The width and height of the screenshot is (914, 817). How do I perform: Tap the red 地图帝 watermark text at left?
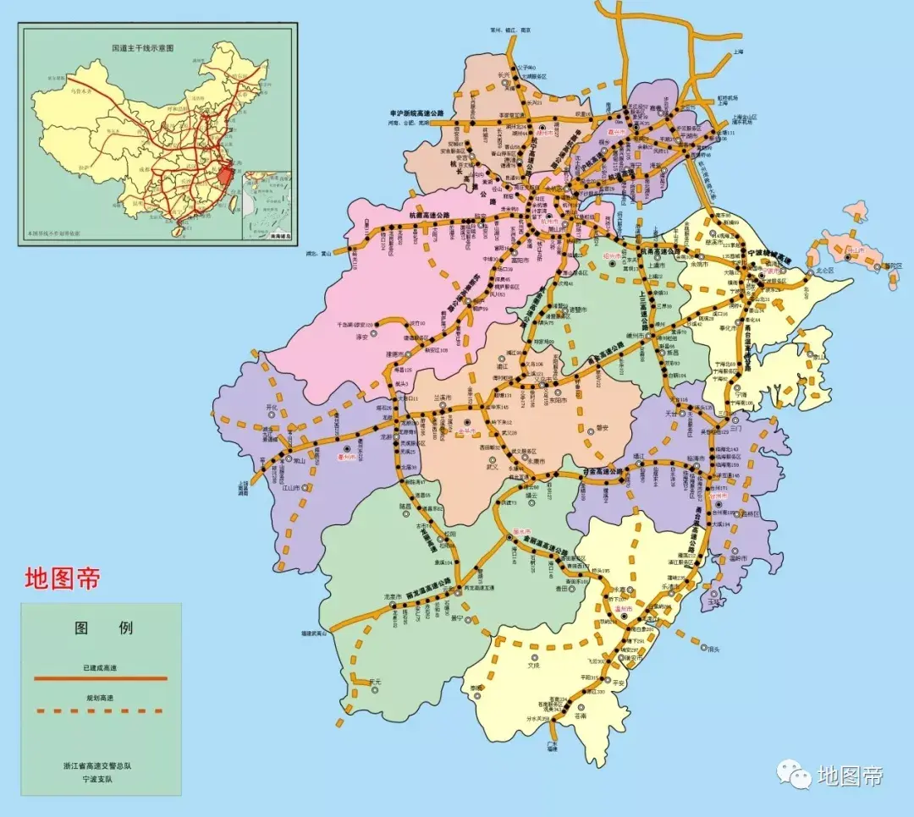coord(63,579)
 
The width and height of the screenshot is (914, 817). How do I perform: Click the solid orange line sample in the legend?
coord(101,678)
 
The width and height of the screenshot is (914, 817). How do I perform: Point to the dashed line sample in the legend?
coord(101,710)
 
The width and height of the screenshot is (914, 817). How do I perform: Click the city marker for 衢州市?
coord(345,449)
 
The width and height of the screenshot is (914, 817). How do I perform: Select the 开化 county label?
coord(272,407)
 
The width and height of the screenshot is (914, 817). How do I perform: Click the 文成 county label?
coord(533,665)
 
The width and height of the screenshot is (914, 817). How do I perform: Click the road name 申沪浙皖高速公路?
coord(416,112)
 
